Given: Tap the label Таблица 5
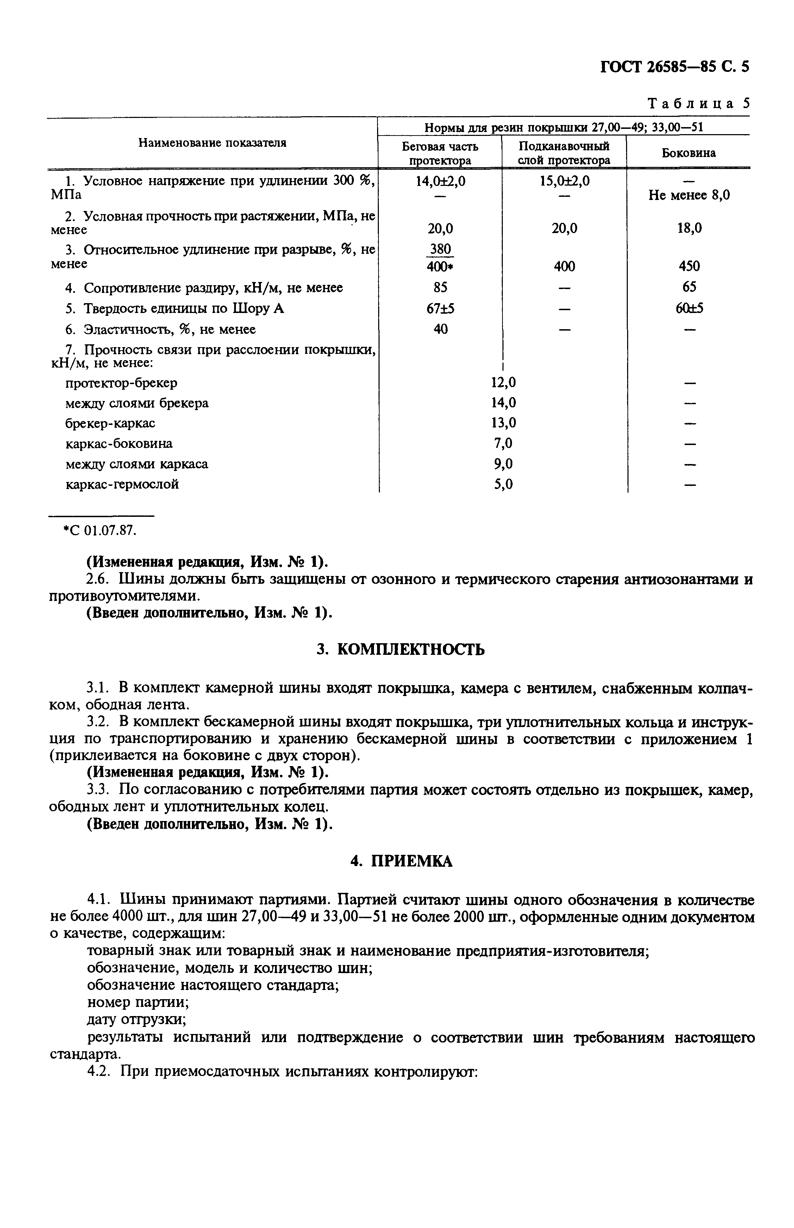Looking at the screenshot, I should [698, 104].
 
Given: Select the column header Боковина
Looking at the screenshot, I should [688, 153].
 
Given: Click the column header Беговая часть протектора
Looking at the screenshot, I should [440, 153].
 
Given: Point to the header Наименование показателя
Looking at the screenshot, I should [212, 143].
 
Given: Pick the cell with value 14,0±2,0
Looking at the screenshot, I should [440, 181].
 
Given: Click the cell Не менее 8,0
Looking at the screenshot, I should [689, 195].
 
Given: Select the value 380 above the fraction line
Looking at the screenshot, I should [440, 250].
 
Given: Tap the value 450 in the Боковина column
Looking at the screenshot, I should [689, 267].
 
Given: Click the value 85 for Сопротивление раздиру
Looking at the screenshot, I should [440, 287].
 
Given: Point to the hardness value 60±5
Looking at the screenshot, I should [689, 308].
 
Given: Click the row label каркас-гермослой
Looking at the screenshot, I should [122, 484].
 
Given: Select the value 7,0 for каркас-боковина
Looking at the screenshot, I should [503, 443].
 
